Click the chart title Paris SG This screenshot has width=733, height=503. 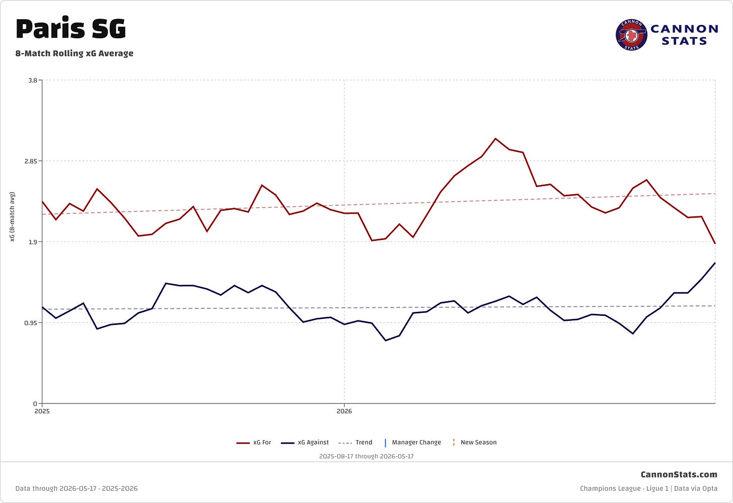click(70, 29)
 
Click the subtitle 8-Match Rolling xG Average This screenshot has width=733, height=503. click(75, 53)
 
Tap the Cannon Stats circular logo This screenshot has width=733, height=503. click(631, 35)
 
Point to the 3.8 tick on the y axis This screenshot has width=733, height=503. click(33, 80)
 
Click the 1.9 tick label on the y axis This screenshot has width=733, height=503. click(33, 242)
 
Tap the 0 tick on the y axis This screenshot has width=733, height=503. click(35, 404)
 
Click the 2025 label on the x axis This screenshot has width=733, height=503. click(42, 411)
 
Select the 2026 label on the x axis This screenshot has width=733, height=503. click(344, 411)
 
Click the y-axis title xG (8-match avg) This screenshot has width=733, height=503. click(13, 217)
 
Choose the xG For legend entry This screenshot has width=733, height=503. click(254, 443)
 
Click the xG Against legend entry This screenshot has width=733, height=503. click(305, 443)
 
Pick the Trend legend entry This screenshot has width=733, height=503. click(355, 443)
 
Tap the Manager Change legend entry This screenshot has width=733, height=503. click(413, 443)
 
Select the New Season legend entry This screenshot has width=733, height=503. click(474, 443)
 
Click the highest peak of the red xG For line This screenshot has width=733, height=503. click(495, 139)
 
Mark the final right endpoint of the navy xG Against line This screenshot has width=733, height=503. click(715, 263)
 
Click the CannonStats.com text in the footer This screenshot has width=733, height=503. click(679, 474)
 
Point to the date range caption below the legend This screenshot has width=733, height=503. click(366, 456)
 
